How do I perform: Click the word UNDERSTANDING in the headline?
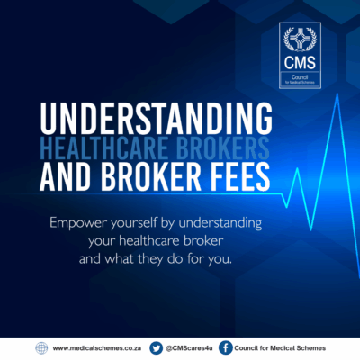point(156,118)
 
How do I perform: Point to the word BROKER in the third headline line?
point(150,176)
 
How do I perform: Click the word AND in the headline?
point(65,176)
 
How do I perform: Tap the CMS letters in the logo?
point(300,62)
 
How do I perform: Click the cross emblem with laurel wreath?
point(300,40)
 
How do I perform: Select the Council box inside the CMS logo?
point(300,79)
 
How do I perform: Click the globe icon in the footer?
point(41,348)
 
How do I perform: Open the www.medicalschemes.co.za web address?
point(97,348)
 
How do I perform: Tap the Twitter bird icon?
point(156,348)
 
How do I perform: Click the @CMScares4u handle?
point(189,348)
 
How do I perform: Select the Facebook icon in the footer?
point(226,348)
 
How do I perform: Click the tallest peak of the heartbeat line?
point(337,94)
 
